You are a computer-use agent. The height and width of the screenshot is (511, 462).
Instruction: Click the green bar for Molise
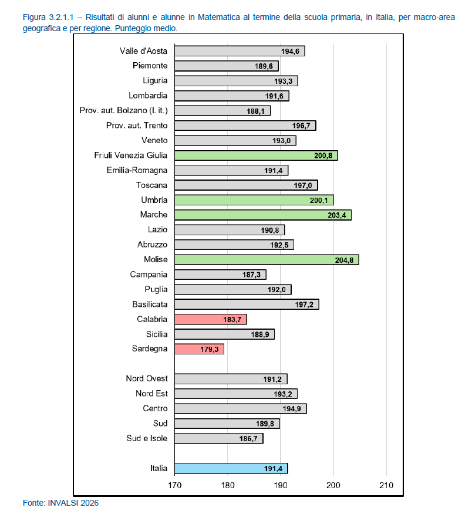click(x=267, y=260)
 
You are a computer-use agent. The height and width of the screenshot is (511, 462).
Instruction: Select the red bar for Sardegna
click(x=199, y=349)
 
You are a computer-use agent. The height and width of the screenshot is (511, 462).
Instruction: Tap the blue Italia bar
click(x=231, y=468)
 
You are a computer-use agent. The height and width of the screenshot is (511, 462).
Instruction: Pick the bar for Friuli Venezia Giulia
click(x=257, y=155)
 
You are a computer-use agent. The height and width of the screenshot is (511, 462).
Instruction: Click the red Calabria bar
click(x=211, y=319)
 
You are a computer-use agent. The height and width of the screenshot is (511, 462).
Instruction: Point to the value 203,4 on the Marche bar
click(x=337, y=215)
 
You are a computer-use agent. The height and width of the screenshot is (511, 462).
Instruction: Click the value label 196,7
click(x=301, y=126)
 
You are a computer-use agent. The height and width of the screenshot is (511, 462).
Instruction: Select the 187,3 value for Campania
click(x=251, y=275)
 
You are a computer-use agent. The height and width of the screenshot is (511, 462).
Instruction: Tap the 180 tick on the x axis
click(x=228, y=485)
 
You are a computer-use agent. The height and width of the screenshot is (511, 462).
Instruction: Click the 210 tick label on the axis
click(x=386, y=485)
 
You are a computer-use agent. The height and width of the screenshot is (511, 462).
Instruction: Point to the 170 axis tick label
click(x=175, y=485)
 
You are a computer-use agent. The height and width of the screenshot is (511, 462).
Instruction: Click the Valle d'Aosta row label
click(x=143, y=51)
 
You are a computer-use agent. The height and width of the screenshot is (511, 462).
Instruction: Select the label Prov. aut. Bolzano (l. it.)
click(x=123, y=111)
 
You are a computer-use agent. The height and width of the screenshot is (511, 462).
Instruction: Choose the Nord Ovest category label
click(x=147, y=378)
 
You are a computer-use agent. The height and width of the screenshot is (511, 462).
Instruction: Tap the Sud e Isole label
click(x=147, y=438)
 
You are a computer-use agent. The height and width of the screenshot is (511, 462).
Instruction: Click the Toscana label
click(x=151, y=185)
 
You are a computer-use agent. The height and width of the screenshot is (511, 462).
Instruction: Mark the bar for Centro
click(x=241, y=409)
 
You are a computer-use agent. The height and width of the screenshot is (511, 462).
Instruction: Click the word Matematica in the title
click(x=219, y=17)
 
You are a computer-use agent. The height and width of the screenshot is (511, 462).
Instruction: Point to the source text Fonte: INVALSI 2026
click(x=60, y=503)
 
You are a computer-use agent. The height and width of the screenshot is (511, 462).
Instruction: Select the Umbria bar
click(x=254, y=200)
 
